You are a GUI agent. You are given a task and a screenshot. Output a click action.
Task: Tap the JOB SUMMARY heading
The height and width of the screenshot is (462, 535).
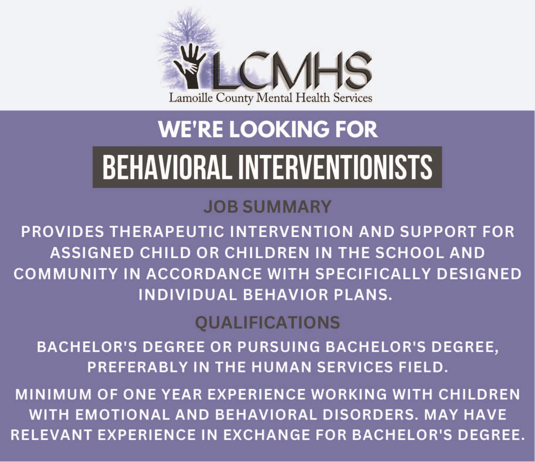click(x=268, y=207)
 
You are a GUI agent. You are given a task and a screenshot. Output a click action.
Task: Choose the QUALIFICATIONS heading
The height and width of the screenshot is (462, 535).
click(x=268, y=323)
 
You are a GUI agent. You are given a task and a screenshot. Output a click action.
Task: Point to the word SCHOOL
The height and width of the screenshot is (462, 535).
click(x=410, y=253)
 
